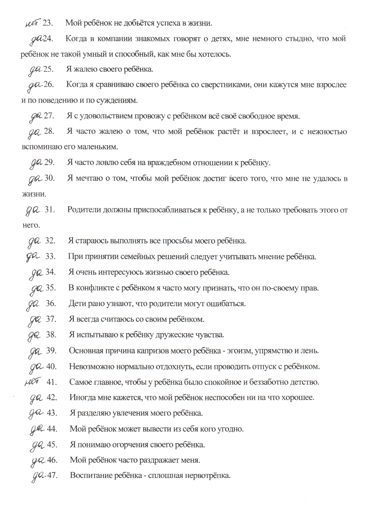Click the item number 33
[x=50, y=256]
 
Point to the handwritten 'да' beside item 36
[x=33, y=305]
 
